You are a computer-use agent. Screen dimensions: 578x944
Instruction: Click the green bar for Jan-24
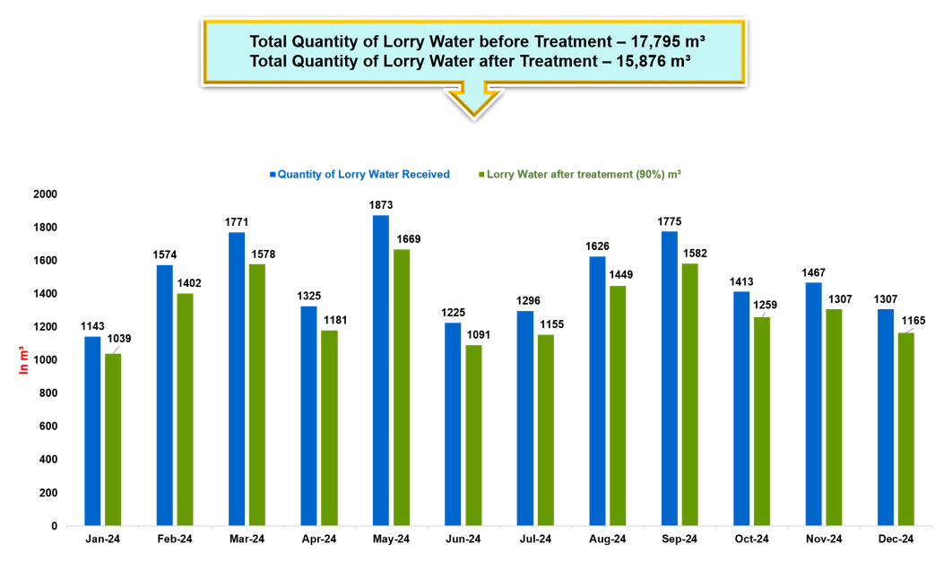[113, 439]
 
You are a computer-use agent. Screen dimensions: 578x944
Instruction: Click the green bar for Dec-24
[905, 428]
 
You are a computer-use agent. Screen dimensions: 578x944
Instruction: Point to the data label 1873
[380, 206]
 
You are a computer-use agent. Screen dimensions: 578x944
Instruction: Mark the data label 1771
[237, 222]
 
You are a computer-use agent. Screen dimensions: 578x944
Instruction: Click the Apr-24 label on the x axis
[318, 539]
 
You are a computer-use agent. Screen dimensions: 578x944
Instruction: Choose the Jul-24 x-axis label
[535, 539]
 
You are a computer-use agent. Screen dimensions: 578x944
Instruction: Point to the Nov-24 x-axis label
[824, 539]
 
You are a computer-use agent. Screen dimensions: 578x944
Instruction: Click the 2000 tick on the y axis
[44, 194]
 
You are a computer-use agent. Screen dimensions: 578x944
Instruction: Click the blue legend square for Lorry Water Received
[273, 175]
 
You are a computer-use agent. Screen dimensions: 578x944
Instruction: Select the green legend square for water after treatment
[481, 175]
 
